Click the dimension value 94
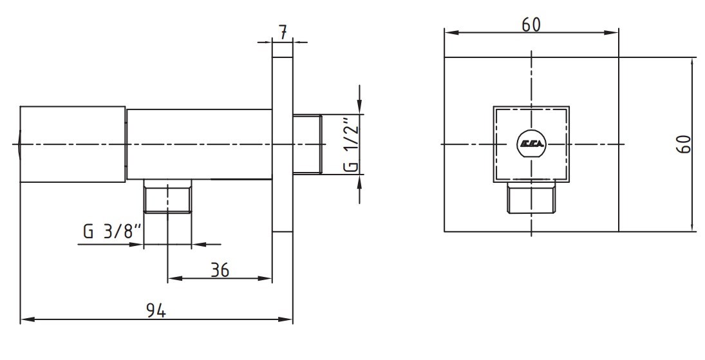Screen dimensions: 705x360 156,310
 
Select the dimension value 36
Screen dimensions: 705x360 220,270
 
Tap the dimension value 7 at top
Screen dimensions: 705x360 283,33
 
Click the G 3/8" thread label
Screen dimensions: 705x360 113,232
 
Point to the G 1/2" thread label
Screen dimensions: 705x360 352,145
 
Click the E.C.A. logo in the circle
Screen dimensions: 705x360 532,144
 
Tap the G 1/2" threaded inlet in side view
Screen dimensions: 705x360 307,144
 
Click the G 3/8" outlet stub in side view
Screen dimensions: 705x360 167,196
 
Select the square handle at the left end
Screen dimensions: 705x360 72,144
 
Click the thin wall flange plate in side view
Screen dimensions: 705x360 283,144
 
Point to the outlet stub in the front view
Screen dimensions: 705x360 531,198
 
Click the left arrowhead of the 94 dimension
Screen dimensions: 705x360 27,319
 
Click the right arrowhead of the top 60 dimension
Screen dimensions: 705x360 612,32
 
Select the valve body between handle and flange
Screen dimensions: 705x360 199,144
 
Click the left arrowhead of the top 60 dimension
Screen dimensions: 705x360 451,32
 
